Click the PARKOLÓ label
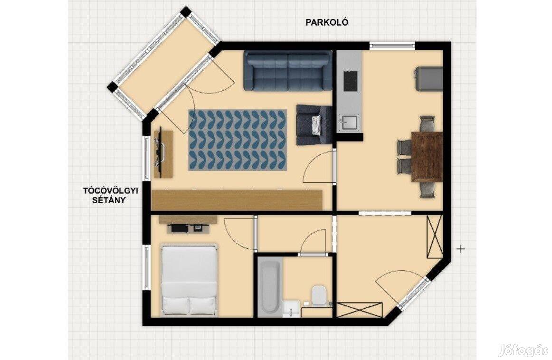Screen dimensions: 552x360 pyautogui.click(x=327, y=22)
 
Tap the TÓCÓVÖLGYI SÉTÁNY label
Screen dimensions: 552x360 pyautogui.click(x=110, y=196)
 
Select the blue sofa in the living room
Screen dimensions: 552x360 pyautogui.click(x=287, y=70)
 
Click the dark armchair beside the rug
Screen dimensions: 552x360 pyautogui.click(x=314, y=125)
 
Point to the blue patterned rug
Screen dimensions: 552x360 pyautogui.click(x=238, y=140)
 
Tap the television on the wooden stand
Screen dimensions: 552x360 pyautogui.click(x=159, y=151)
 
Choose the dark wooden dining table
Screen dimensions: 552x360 pyautogui.click(x=427, y=157)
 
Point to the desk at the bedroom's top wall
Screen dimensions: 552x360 pyautogui.click(x=188, y=224)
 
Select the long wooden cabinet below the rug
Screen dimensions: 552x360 pyautogui.click(x=237, y=200)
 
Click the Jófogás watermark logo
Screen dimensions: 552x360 pyautogui.click(x=524, y=351)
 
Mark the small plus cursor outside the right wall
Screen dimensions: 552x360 pyautogui.click(x=460, y=249)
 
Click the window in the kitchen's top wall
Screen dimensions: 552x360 pyautogui.click(x=392, y=46)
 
